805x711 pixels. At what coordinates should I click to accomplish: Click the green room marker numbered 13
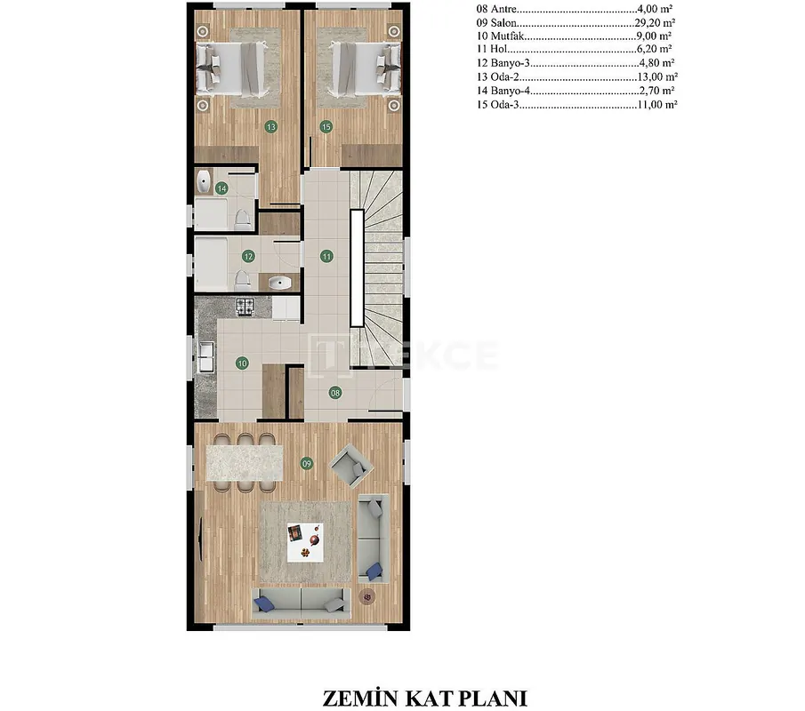click(271, 127)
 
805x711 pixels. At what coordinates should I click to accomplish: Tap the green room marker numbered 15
click(326, 127)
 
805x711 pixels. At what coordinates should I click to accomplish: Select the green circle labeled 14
click(221, 188)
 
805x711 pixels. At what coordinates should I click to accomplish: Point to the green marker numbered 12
click(248, 257)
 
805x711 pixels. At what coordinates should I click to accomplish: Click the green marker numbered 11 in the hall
click(327, 257)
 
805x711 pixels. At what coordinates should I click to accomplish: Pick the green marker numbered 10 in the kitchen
click(242, 363)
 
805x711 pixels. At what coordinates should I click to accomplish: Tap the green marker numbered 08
click(335, 394)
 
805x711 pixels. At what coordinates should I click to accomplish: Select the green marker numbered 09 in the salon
click(307, 464)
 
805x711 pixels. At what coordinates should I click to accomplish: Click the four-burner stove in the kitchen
click(245, 307)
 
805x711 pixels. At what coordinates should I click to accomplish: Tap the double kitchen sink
click(206, 355)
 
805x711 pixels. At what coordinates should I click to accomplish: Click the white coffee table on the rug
click(305, 542)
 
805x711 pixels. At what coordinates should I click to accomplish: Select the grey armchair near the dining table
click(351, 466)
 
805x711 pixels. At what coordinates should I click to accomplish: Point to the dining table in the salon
click(245, 463)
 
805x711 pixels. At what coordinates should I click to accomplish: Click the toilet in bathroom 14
click(242, 220)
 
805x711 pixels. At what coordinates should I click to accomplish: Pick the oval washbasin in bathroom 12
click(280, 282)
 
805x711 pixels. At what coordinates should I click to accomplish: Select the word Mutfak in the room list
click(507, 36)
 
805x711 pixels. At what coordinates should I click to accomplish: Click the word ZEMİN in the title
click(360, 699)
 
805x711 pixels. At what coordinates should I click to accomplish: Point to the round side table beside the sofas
click(367, 596)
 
